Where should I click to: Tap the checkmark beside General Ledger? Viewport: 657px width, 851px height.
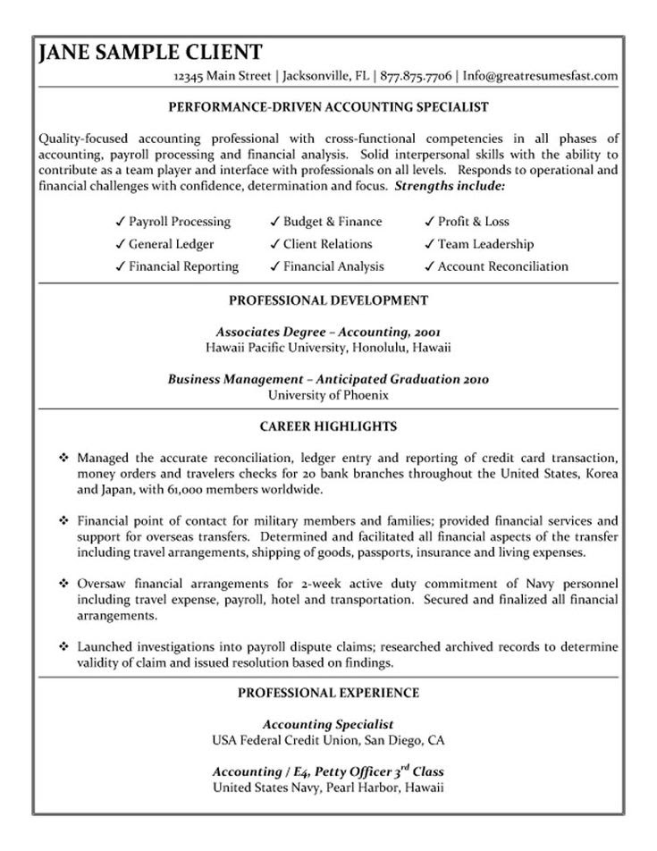pos(119,244)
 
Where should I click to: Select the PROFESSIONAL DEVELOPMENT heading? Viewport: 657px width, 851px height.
pos(329,300)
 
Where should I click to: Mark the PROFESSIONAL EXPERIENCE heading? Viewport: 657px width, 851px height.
pos(329,693)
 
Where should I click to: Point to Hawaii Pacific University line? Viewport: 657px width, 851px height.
pos(329,346)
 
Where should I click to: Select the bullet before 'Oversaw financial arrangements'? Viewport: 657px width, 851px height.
pos(63,584)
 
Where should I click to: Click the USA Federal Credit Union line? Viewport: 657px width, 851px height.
pos(329,741)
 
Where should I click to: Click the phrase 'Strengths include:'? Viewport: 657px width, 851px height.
pos(450,187)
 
